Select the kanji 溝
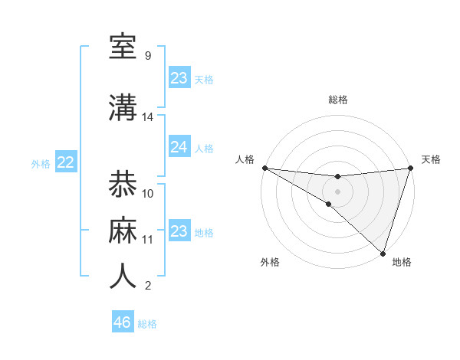(123, 107)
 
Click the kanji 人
(123, 277)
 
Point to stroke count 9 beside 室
(147, 56)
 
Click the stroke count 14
(148, 117)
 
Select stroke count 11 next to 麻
(148, 240)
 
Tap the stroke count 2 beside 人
(147, 286)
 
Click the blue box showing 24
(179, 147)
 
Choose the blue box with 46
(122, 322)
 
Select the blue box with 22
(65, 162)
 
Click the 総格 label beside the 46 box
(147, 324)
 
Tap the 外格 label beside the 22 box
(41, 164)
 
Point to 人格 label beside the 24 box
(204, 149)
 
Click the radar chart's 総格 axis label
(337, 100)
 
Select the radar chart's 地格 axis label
(402, 262)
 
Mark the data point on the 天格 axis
(410, 168)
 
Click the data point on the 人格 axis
(264, 168)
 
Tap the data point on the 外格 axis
(328, 204)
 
